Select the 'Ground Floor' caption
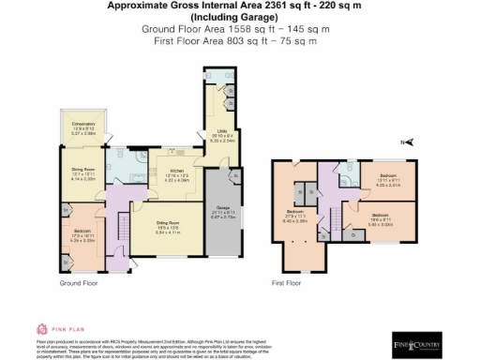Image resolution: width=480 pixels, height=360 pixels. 80,282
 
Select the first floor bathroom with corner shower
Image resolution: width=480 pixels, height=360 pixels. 345,176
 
